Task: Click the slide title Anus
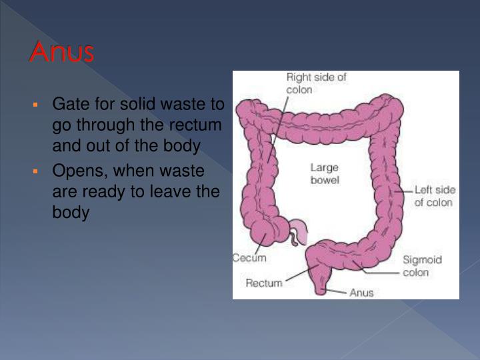tap(61, 53)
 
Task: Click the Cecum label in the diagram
tap(249, 258)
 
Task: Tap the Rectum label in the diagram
tap(264, 283)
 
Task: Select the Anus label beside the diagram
tap(362, 292)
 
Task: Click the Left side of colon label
tap(433, 196)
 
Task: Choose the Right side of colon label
tap(316, 83)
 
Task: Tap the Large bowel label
tap(325, 174)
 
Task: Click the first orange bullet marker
tap(38, 105)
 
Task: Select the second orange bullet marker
tap(38, 171)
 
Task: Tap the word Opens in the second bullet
tap(74, 171)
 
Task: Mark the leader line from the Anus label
tap(339, 291)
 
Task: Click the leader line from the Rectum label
tap(297, 276)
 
